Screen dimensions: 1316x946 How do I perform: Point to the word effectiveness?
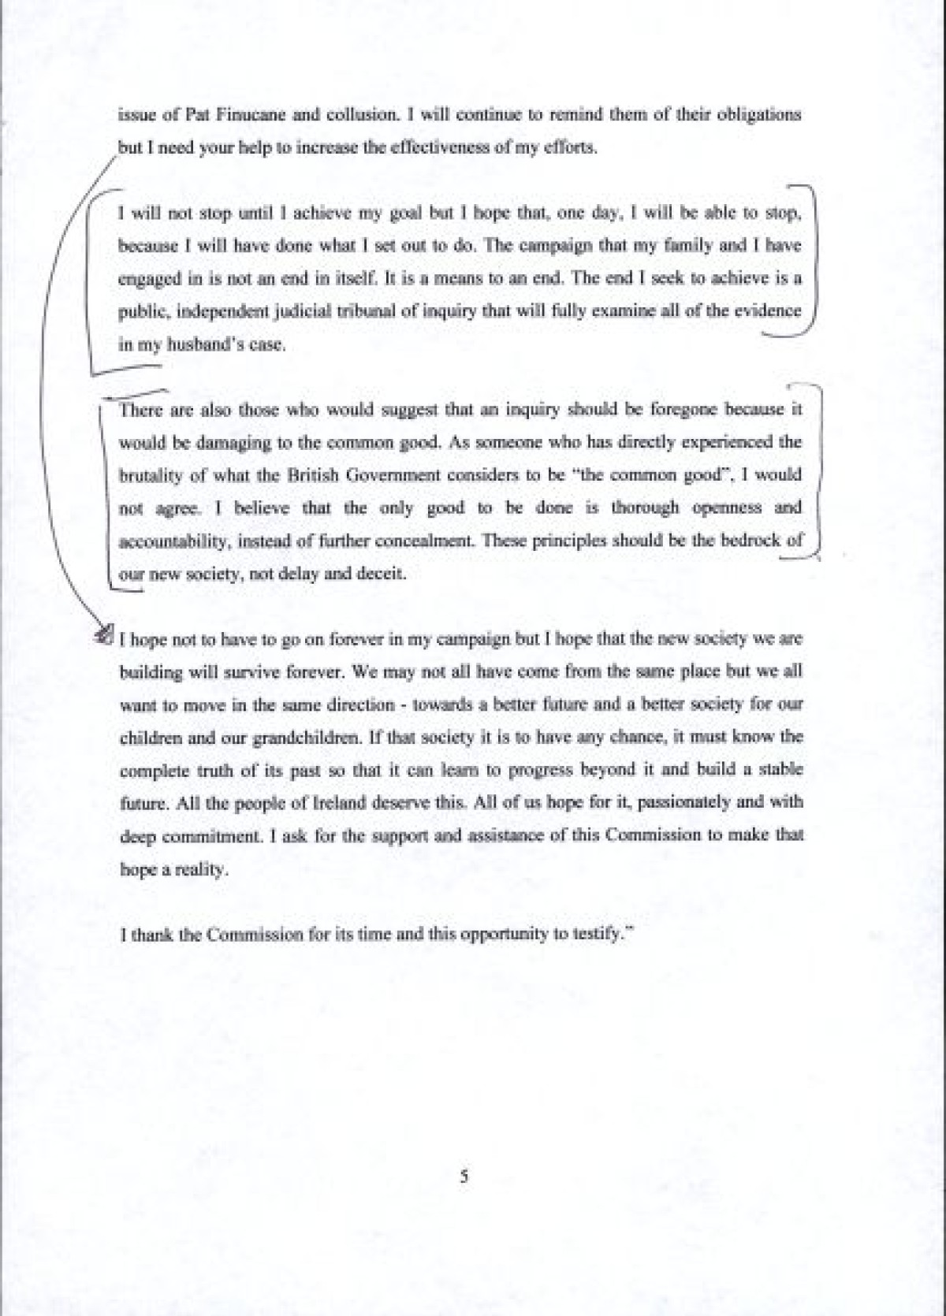(437, 148)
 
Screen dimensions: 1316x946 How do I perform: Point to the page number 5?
(464, 1177)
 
